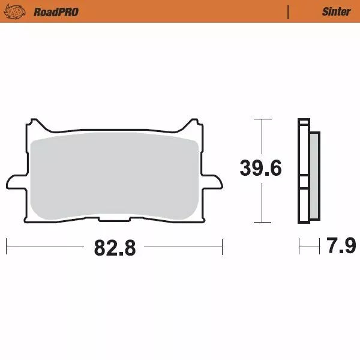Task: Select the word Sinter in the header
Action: [336, 12]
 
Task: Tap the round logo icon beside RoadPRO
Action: [19, 11]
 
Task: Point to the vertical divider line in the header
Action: [289, 12]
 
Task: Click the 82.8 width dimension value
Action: [115, 247]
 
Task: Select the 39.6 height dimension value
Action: [260, 169]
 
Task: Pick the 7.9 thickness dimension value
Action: [341, 246]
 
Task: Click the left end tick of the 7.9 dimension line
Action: [299, 246]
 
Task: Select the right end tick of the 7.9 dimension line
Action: [319, 246]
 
